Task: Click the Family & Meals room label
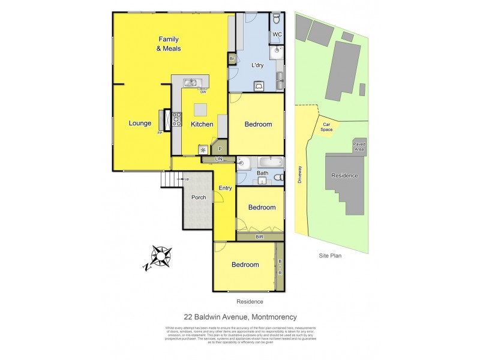point(169,43)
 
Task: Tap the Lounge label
point(140,124)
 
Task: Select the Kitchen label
point(202,124)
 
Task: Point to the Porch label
point(198,197)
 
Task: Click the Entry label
point(225,188)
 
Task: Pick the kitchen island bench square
point(200,109)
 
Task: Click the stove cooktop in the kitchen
point(177,119)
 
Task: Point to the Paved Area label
point(359,146)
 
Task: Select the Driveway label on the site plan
point(300,175)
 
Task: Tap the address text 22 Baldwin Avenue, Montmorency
point(240,317)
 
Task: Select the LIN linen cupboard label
point(218,158)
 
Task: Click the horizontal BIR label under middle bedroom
point(259,238)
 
